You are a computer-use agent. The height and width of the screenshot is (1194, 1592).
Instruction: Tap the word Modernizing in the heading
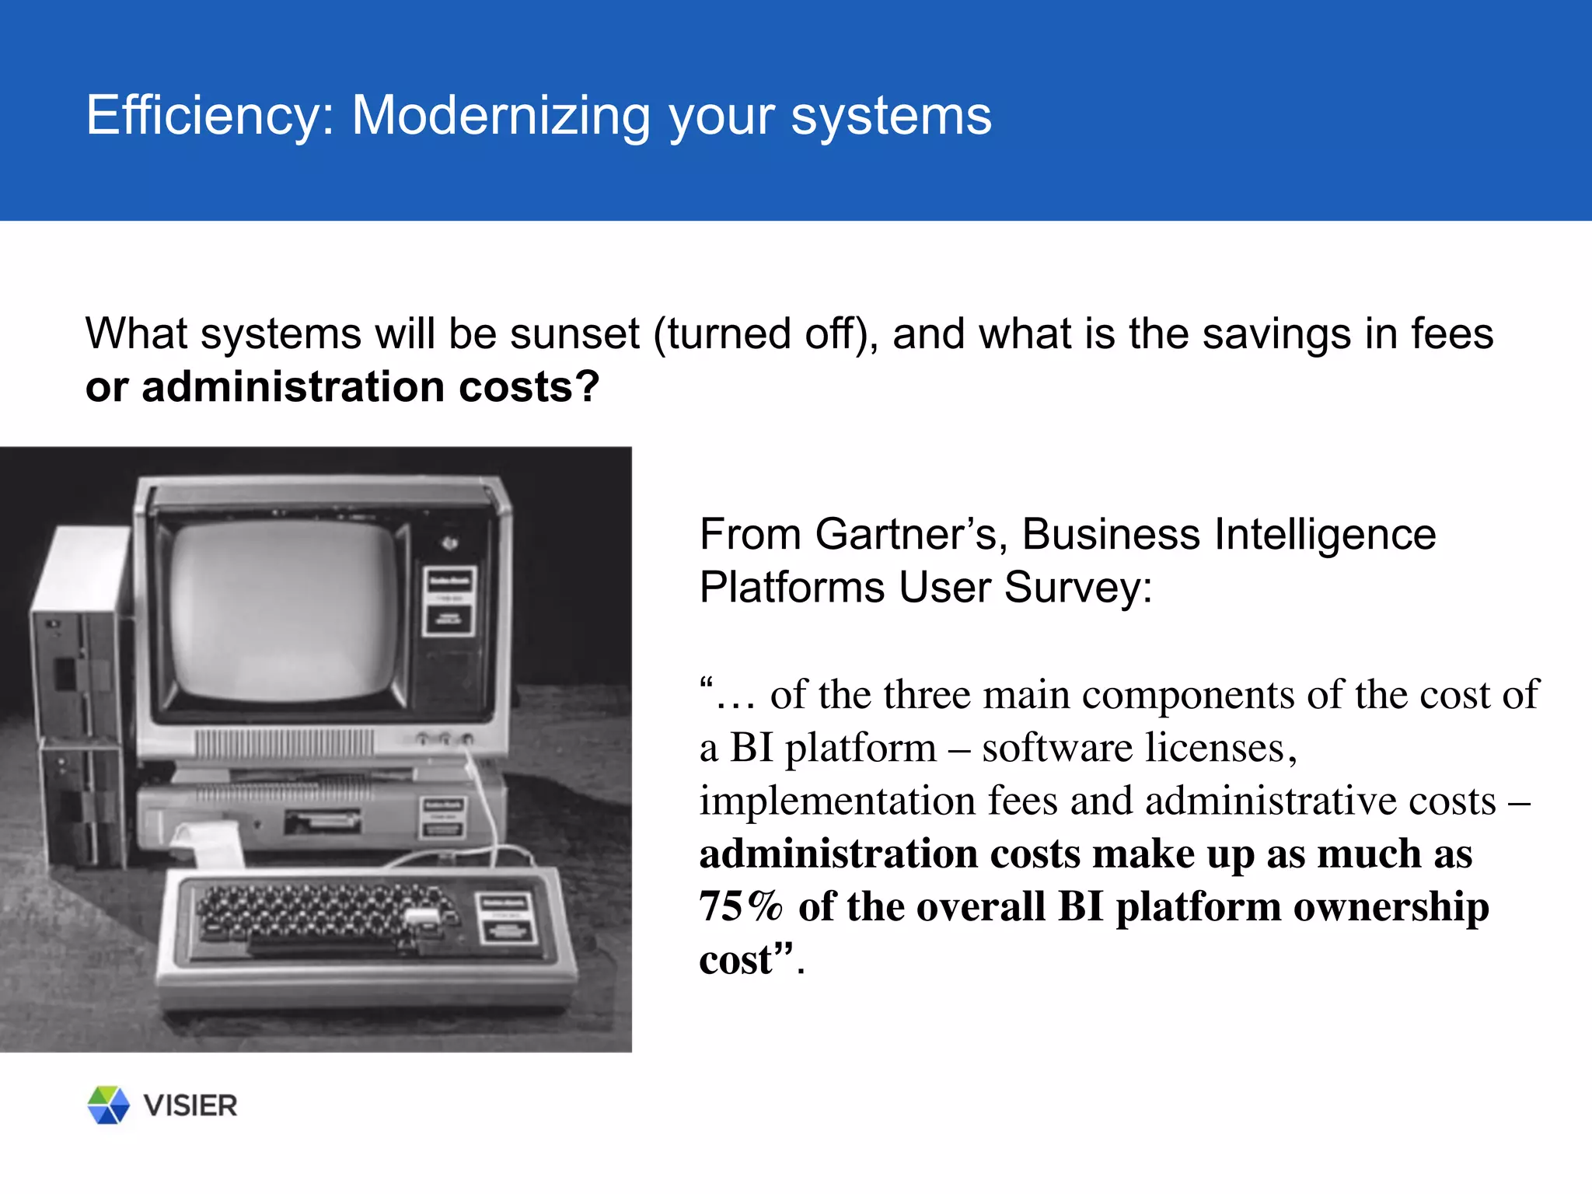(x=501, y=116)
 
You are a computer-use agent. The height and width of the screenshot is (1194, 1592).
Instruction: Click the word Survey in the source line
(x=1078, y=588)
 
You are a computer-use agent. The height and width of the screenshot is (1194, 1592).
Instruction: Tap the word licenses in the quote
(x=1137, y=748)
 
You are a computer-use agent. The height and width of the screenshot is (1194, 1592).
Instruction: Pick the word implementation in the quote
(x=837, y=801)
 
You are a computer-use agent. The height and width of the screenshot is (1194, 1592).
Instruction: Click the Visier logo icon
(x=108, y=1105)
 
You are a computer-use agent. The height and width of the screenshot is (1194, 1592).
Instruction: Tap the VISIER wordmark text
(x=190, y=1105)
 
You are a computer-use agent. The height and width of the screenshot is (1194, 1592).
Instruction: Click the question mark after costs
(x=588, y=387)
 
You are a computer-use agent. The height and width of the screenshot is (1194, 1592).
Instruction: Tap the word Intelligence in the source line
(x=1325, y=535)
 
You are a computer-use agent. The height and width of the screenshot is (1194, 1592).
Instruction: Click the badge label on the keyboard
(x=506, y=917)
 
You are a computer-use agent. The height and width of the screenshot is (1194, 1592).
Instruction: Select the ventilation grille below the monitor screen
(x=285, y=744)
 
